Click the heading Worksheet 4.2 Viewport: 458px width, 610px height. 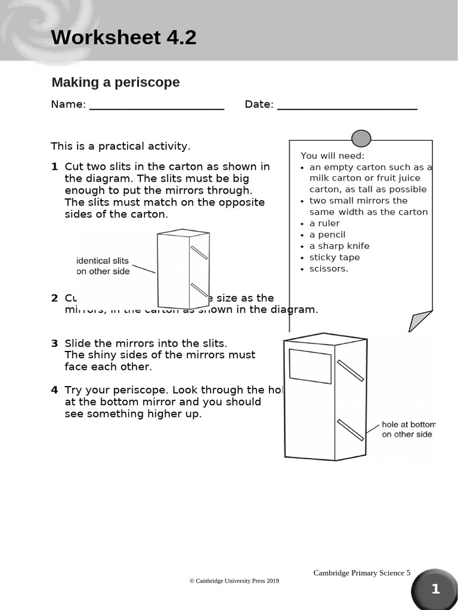(123, 38)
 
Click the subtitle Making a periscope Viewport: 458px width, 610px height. (115, 82)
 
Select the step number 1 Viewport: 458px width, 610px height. (54, 167)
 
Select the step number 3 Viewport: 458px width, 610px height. (54, 343)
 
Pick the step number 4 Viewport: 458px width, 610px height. (54, 390)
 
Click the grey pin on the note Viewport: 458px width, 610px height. (361, 138)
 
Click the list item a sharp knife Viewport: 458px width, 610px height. (339, 246)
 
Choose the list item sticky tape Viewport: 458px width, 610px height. (334, 257)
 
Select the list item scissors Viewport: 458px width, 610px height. (328, 269)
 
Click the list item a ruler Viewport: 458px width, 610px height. (324, 223)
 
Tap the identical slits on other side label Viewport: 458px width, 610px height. (103, 266)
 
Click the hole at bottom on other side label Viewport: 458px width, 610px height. (409, 430)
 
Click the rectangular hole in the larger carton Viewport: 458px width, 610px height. (310, 366)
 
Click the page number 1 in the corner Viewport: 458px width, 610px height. (435, 589)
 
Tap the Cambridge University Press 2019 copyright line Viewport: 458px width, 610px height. (234, 581)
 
